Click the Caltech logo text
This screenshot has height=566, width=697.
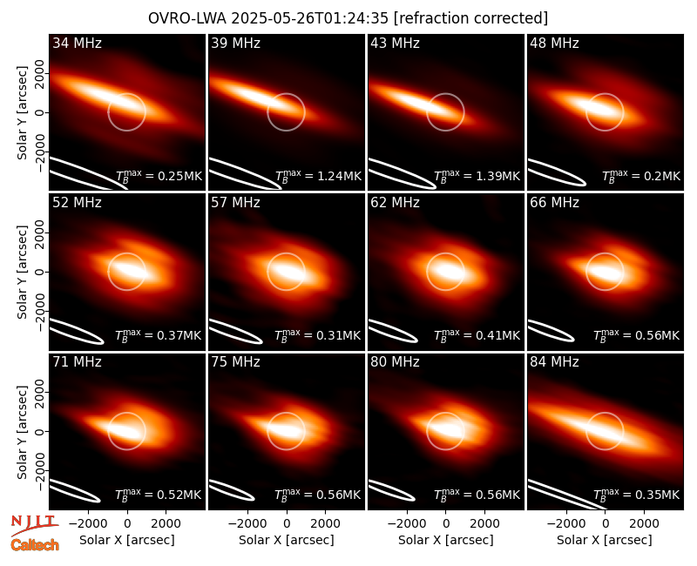(x=35, y=545)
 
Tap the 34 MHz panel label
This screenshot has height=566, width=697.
(x=77, y=43)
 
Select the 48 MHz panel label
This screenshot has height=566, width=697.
(x=554, y=43)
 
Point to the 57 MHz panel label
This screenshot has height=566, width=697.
(x=235, y=203)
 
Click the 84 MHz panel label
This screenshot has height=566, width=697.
(x=554, y=362)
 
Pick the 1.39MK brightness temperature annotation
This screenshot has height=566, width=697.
(x=477, y=176)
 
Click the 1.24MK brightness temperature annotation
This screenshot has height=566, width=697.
(x=318, y=176)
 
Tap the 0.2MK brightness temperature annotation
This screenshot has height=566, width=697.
(x=641, y=176)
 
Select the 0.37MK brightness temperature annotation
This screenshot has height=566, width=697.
(x=159, y=335)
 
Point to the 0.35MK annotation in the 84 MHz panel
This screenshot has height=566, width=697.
(x=637, y=495)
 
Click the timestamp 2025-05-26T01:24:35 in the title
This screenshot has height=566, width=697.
(x=310, y=18)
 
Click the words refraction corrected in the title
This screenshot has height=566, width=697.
(x=471, y=18)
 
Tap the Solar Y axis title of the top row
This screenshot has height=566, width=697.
(x=22, y=113)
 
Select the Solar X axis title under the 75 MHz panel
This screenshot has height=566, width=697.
(x=287, y=540)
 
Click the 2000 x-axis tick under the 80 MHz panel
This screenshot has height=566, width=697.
(x=484, y=524)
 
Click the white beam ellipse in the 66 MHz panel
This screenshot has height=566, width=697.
(x=551, y=331)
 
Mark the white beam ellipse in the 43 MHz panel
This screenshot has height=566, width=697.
(x=402, y=173)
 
